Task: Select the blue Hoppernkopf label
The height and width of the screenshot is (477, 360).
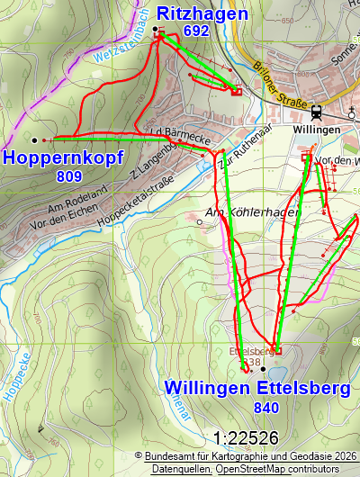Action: point(62,157)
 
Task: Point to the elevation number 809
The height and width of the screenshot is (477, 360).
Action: point(68,176)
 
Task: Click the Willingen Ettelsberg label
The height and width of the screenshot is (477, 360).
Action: point(256,389)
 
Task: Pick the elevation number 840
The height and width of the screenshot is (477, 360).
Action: point(267,408)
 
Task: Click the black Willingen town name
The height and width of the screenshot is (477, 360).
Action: point(317,130)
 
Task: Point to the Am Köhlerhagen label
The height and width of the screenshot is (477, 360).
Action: point(240,212)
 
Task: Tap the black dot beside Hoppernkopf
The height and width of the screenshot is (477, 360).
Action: point(34,140)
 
